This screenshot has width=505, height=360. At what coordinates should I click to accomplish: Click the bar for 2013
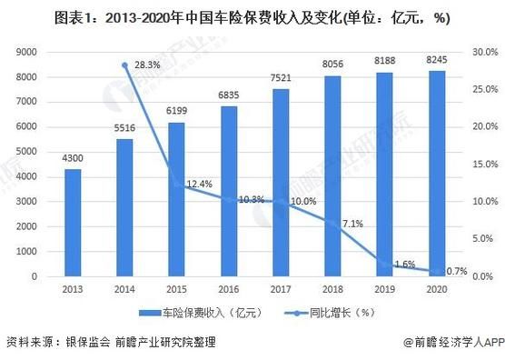[x=73, y=223]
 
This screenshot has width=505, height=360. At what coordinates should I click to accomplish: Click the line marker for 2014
[x=124, y=65]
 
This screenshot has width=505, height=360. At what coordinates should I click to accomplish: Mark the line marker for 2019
[x=385, y=265]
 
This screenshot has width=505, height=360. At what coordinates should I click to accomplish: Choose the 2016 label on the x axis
[x=228, y=288]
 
